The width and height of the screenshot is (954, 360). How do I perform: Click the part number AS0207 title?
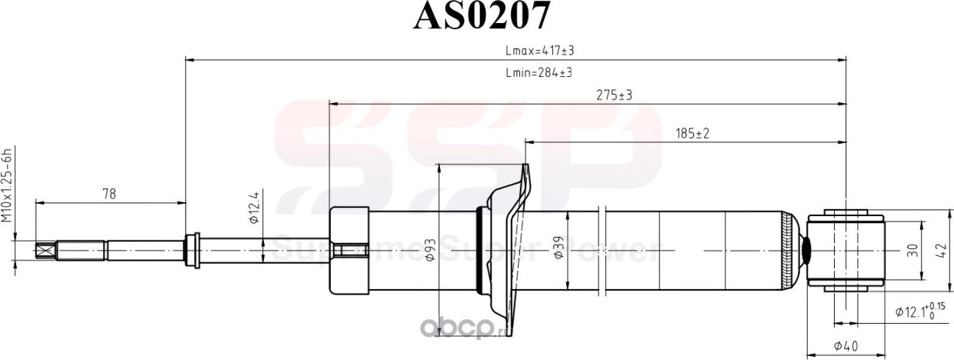(x=482, y=17)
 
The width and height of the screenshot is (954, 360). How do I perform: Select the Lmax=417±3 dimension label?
(x=540, y=50)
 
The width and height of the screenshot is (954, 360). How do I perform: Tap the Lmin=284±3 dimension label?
(x=538, y=72)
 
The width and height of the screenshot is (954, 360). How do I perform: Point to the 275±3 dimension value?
(x=614, y=95)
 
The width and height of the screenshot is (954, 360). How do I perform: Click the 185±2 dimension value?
(x=692, y=134)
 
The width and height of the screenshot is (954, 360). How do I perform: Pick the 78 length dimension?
(x=108, y=195)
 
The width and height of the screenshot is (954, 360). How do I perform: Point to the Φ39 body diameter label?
(x=559, y=248)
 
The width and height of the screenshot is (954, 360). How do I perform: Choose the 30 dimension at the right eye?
(x=912, y=251)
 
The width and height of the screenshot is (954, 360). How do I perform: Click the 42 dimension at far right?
(x=941, y=251)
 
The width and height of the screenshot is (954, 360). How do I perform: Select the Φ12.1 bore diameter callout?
(x=919, y=310)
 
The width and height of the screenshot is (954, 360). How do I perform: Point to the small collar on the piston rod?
(x=192, y=250)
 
